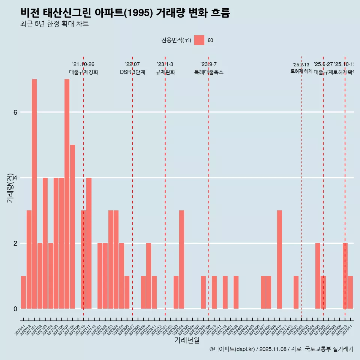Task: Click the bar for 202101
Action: point(34,194)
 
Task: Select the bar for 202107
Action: point(67,194)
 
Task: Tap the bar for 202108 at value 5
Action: point(72,226)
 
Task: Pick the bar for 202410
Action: point(279,259)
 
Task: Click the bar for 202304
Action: point(181,259)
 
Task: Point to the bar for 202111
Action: point(89,243)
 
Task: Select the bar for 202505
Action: point(318,276)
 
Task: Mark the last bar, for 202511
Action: point(350,292)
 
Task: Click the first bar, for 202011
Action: point(23,292)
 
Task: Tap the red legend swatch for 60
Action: point(199,40)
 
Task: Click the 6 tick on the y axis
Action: point(15,112)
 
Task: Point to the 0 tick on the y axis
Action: point(15,309)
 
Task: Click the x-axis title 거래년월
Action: point(187,340)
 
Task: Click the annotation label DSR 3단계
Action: point(132,72)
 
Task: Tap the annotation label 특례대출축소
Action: point(208,72)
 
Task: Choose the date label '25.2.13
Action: point(301,65)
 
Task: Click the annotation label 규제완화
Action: point(165,72)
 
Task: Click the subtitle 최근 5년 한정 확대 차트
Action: point(54,24)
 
